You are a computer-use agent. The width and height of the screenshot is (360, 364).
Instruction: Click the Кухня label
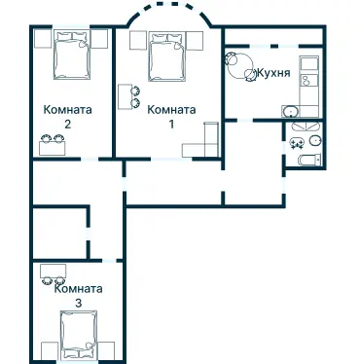click(x=273, y=73)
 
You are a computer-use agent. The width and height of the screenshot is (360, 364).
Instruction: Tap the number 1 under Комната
click(x=171, y=124)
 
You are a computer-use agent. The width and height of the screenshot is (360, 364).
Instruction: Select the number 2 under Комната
click(x=67, y=124)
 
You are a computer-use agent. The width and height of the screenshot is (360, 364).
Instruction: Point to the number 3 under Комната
click(x=78, y=304)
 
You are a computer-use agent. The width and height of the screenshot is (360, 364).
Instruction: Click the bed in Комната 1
click(x=167, y=56)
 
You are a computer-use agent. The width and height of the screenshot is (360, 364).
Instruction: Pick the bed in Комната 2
click(x=72, y=55)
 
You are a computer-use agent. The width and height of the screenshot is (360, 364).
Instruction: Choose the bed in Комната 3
click(x=79, y=335)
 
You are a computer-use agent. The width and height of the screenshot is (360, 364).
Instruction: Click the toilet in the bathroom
click(x=309, y=160)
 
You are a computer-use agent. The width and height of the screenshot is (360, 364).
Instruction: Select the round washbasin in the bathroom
click(x=315, y=141)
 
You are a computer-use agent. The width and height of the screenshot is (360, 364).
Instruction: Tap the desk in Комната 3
click(x=54, y=271)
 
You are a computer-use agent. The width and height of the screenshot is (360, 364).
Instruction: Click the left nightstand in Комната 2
click(x=43, y=39)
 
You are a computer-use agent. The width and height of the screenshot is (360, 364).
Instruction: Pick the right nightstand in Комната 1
click(x=195, y=41)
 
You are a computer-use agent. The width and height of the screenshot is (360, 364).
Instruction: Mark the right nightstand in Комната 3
click(x=106, y=350)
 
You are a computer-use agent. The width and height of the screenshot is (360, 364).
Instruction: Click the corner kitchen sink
click(x=291, y=112)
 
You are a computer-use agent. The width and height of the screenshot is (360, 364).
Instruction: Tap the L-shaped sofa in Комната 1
click(x=202, y=143)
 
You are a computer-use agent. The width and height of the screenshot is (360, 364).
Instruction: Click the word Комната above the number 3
click(x=78, y=289)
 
